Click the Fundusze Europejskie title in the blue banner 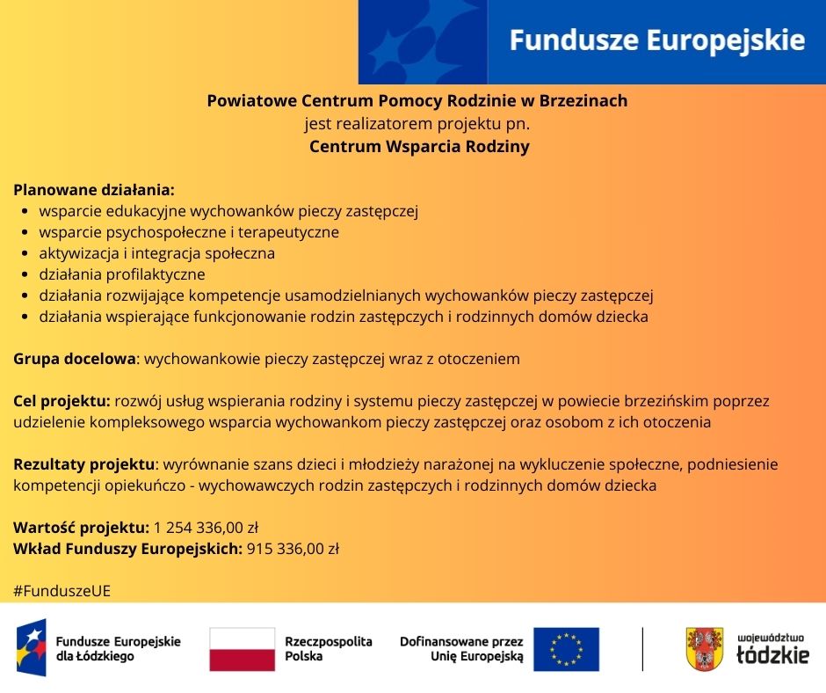tap(657, 40)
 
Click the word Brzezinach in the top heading tap(584, 101)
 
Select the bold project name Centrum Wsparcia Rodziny tap(419, 147)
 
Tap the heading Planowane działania tap(94, 190)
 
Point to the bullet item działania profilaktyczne tap(121, 274)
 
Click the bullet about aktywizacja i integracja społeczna tap(156, 253)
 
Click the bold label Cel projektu tap(62, 401)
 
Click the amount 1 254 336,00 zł tap(206, 528)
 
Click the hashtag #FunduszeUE tap(62, 591)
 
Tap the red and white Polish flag tap(242, 649)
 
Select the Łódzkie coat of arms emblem tap(704, 649)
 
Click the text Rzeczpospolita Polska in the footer tap(329, 649)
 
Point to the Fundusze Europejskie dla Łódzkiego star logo tap(31, 648)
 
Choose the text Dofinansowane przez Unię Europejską tap(461, 649)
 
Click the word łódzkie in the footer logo tap(772, 656)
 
